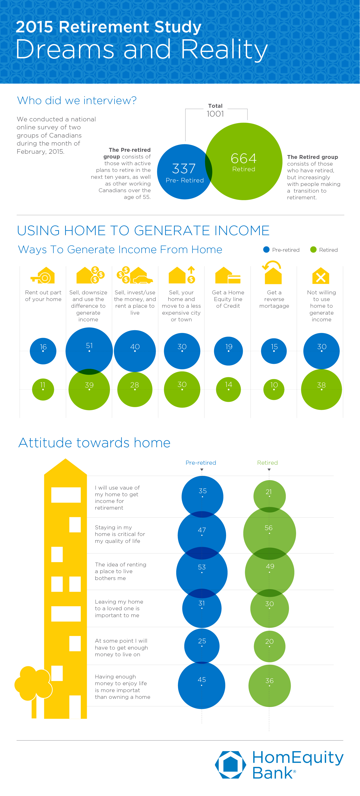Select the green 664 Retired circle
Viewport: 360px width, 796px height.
[244, 161]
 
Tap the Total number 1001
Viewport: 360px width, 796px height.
[215, 114]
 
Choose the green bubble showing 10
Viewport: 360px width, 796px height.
[274, 389]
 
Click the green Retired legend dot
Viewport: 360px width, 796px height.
[313, 250]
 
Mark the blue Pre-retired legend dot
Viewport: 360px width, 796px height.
[266, 250]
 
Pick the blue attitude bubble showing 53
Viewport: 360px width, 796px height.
[202, 572]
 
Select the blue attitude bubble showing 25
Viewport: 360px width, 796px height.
[202, 646]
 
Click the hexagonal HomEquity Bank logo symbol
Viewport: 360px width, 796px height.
[230, 764]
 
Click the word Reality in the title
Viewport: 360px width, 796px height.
[224, 49]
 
